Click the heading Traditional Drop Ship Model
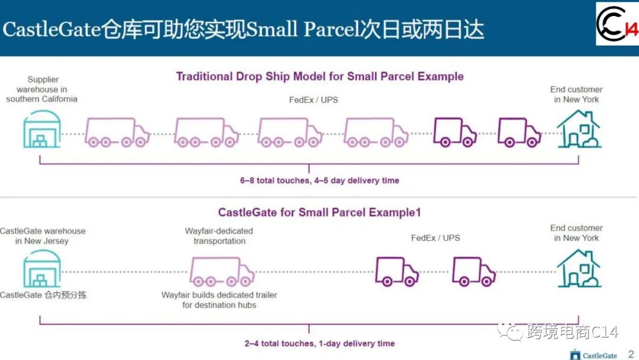[319, 76]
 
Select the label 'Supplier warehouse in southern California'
[42, 89]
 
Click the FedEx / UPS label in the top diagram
[314, 99]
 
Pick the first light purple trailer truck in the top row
[117, 132]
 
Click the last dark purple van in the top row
[519, 132]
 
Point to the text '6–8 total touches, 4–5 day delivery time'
[319, 180]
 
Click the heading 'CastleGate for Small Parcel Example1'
[319, 212]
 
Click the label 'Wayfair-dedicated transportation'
[219, 236]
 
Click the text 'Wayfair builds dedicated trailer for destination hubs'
[220, 300]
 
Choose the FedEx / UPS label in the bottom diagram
[435, 237]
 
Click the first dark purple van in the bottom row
[396, 271]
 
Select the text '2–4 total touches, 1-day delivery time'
[319, 343]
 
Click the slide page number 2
[630, 353]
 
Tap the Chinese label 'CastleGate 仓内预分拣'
[43, 294]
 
